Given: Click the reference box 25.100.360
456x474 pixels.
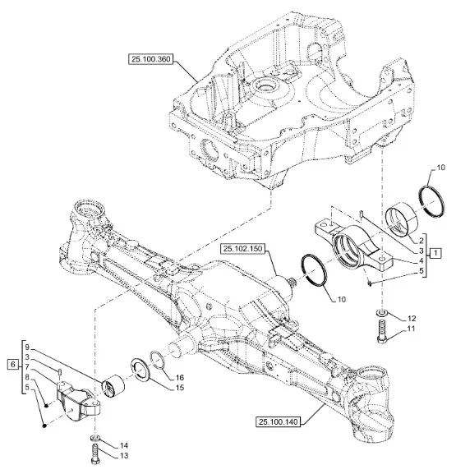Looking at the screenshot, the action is (151, 59).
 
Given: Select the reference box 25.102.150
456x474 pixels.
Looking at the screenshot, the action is (243, 248).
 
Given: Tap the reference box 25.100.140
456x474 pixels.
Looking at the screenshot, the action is (279, 421).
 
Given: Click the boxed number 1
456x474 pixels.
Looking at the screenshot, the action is (435, 253).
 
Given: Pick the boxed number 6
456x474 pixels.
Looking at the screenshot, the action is (12, 365).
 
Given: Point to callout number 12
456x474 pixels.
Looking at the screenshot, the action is (412, 318).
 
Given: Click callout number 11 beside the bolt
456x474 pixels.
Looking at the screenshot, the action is (411, 329).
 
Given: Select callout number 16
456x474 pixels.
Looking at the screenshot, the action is (180, 377).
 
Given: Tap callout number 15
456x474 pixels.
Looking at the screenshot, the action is (180, 387).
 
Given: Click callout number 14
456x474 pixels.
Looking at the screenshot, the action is (124, 445).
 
